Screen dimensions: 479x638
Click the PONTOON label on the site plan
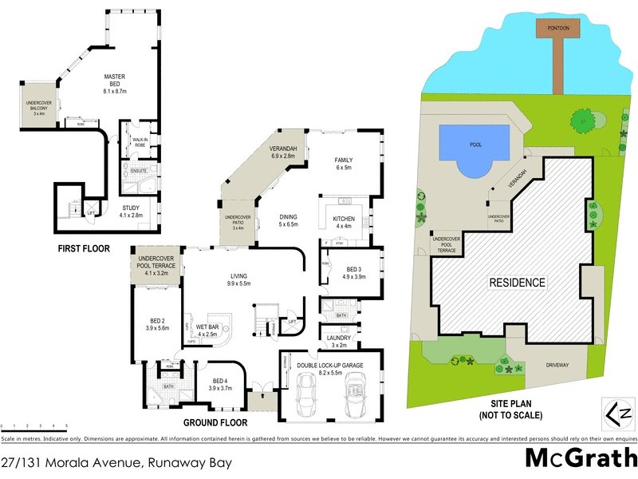553,27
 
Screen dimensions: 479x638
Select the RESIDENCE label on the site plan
517,283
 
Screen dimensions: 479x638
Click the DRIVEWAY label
558,365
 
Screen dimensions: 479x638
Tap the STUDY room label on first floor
131,211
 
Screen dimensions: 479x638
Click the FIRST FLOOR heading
83,249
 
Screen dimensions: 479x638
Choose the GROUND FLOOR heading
215,422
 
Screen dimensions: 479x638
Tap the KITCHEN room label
344,222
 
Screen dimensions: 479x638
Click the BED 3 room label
355,273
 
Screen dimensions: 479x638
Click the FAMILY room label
344,164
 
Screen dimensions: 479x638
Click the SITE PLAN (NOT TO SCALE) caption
511,410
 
